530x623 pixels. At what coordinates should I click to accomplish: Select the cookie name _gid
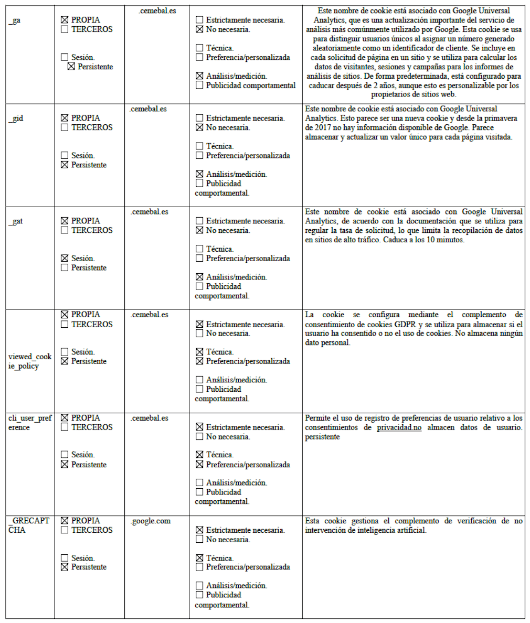[x=16, y=119]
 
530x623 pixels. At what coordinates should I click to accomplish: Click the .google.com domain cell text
[x=151, y=521]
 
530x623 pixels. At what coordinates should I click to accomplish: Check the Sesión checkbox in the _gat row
[x=65, y=258]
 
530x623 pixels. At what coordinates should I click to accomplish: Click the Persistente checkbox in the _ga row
[x=71, y=67]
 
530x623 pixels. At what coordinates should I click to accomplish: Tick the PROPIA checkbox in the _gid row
[x=65, y=118]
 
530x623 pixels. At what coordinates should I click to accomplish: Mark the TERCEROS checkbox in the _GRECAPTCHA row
[x=65, y=530]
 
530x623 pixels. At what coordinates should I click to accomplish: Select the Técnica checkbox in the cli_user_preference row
[x=199, y=455]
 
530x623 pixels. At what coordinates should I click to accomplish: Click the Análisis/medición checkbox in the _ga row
[x=199, y=76]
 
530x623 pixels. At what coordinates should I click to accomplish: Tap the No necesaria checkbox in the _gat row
[x=199, y=230]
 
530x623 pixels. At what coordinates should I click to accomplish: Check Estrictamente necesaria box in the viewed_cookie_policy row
[x=199, y=324]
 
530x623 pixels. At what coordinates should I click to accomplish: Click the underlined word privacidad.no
[x=399, y=427]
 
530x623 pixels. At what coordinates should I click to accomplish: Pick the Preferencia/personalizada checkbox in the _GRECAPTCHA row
[x=199, y=567]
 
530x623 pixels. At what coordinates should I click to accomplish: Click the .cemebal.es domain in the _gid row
[x=149, y=109]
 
